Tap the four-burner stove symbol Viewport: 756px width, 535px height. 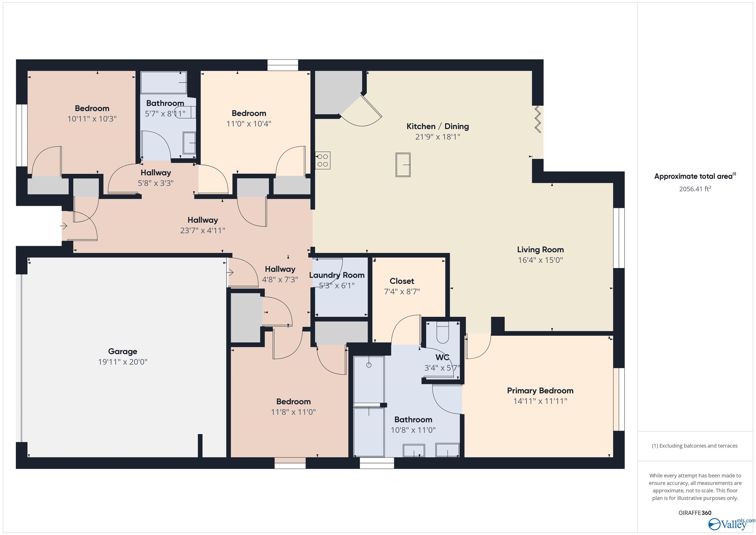pyautogui.click(x=323, y=161)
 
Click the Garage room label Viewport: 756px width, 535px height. pyautogui.click(x=123, y=352)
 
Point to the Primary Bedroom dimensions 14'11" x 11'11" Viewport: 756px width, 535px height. pyautogui.click(x=540, y=401)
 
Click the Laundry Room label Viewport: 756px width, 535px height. pyautogui.click(x=336, y=275)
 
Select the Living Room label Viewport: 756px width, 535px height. pyautogui.click(x=540, y=250)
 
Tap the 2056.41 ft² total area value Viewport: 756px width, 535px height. pyautogui.click(x=695, y=189)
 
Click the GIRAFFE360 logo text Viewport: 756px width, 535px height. pyautogui.click(x=695, y=513)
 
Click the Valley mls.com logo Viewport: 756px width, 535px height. pyautogui.click(x=731, y=524)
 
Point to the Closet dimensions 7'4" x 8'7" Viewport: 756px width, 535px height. pyautogui.click(x=402, y=292)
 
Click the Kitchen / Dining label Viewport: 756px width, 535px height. pyautogui.click(x=437, y=126)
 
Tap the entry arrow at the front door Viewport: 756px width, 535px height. pyautogui.click(x=63, y=226)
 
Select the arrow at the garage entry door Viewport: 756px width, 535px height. pyautogui.click(x=230, y=273)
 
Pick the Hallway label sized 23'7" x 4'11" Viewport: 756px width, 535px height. pyautogui.click(x=203, y=220)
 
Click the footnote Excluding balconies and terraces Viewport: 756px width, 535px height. pyautogui.click(x=694, y=446)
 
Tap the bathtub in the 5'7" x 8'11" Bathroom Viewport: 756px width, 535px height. pyautogui.click(x=164, y=82)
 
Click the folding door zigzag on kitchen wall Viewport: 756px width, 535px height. pyautogui.click(x=537, y=119)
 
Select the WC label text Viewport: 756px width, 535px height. pyautogui.click(x=442, y=357)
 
